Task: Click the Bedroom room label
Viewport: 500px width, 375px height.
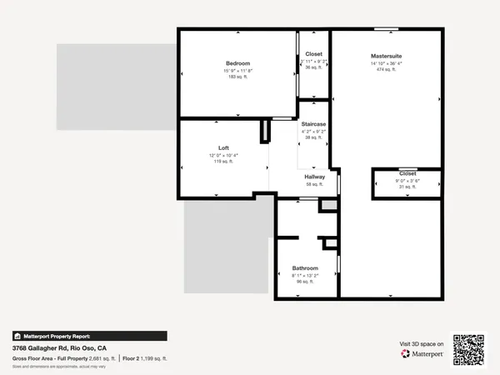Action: coord(237,63)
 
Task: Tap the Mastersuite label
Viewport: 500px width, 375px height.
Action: coord(387,56)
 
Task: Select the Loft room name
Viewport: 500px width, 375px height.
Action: coord(223,147)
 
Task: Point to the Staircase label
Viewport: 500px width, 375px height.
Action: coord(313,123)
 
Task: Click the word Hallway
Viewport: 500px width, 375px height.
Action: coord(314,176)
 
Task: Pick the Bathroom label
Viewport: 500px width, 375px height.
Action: coord(305,267)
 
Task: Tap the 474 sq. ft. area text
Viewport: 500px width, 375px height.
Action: coord(387,70)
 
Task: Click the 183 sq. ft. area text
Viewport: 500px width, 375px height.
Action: coord(237,77)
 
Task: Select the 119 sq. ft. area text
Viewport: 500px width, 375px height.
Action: coord(223,162)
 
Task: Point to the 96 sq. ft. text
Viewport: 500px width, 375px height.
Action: coord(305,282)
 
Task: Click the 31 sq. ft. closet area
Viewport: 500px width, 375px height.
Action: coord(407,187)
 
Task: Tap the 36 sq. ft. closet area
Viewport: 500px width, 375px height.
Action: coord(313,67)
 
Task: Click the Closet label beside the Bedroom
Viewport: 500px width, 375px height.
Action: coord(313,54)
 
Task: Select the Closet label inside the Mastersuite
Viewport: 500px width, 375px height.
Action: coord(407,173)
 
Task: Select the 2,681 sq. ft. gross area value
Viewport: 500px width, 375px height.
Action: coord(100,357)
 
